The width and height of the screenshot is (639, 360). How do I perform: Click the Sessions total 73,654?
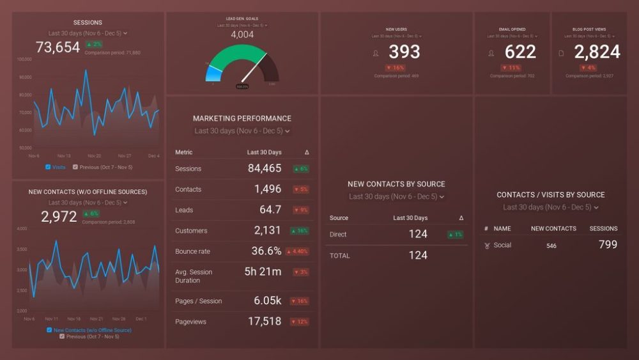pos(58,47)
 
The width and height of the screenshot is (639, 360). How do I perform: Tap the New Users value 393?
pos(404,52)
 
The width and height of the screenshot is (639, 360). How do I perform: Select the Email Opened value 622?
pos(520,52)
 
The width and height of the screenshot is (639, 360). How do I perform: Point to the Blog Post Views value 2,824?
pos(597,52)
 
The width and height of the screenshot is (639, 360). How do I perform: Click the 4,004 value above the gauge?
pos(242,35)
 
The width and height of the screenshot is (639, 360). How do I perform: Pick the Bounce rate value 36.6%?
pos(266,251)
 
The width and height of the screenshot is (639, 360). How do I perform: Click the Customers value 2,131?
pos(267,231)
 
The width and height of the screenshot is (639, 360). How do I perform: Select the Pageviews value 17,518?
pos(265,322)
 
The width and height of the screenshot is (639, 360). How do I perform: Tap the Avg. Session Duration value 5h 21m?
pos(263,272)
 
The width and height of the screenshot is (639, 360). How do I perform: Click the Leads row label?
pos(184,210)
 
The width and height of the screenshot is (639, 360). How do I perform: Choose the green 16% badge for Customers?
pos(300,231)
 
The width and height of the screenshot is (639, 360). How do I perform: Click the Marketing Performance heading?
pos(242,118)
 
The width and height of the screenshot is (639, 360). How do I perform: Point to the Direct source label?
pos(338,235)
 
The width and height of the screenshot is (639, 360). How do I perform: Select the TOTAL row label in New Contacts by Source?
pos(340,256)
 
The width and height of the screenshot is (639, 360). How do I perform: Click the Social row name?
pos(502,246)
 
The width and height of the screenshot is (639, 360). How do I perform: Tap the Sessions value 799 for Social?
pos(608,244)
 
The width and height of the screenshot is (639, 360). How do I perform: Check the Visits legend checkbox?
pos(48,167)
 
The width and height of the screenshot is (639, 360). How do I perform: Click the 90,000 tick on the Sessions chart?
pos(25,77)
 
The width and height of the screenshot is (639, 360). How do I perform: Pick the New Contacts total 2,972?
pos(59,217)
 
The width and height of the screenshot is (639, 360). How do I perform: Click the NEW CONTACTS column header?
pos(553,228)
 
